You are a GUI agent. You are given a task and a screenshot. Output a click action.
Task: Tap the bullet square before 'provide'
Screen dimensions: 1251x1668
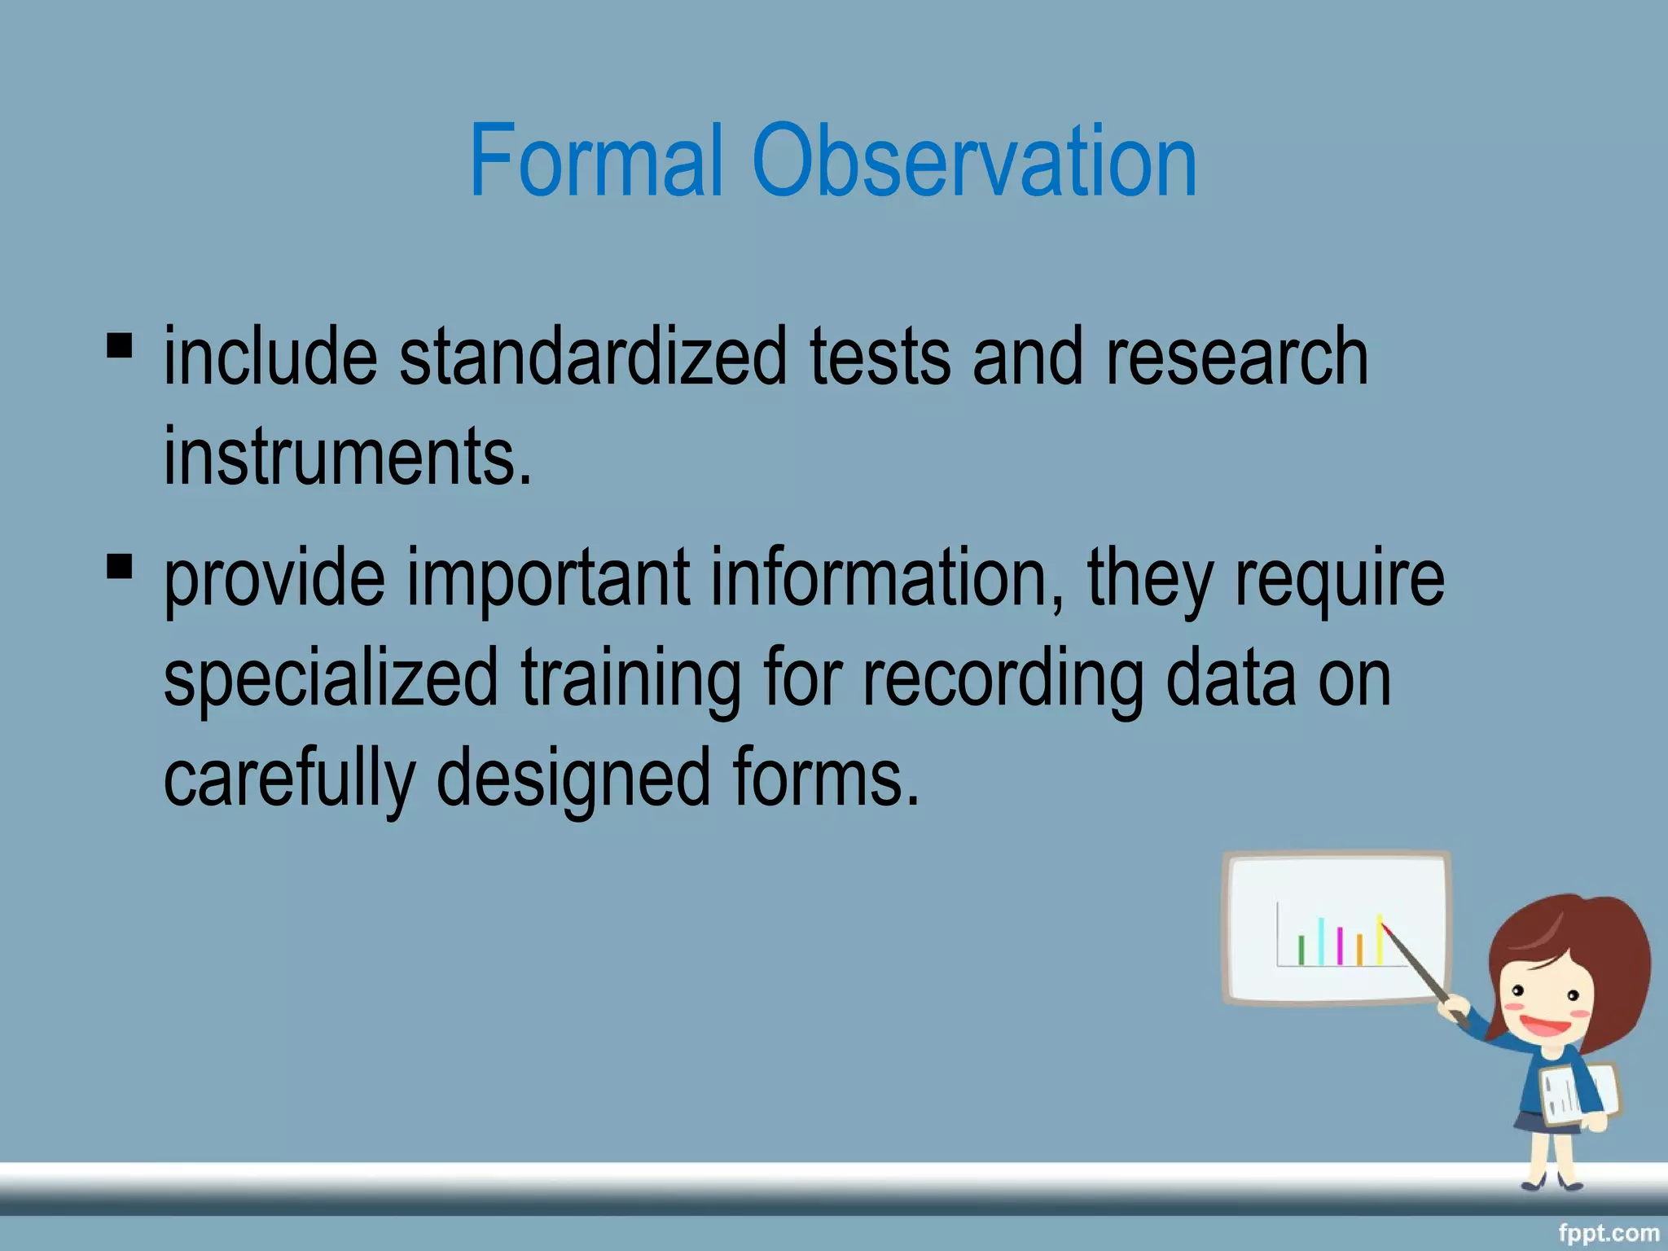(119, 565)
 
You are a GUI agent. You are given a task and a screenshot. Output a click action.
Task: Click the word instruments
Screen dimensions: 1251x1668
(347, 457)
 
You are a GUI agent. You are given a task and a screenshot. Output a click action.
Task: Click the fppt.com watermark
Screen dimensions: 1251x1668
(1608, 1233)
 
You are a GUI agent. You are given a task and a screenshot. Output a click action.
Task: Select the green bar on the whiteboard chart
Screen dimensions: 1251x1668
(1301, 950)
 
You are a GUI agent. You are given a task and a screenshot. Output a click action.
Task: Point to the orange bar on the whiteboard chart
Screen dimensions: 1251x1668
(1359, 950)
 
